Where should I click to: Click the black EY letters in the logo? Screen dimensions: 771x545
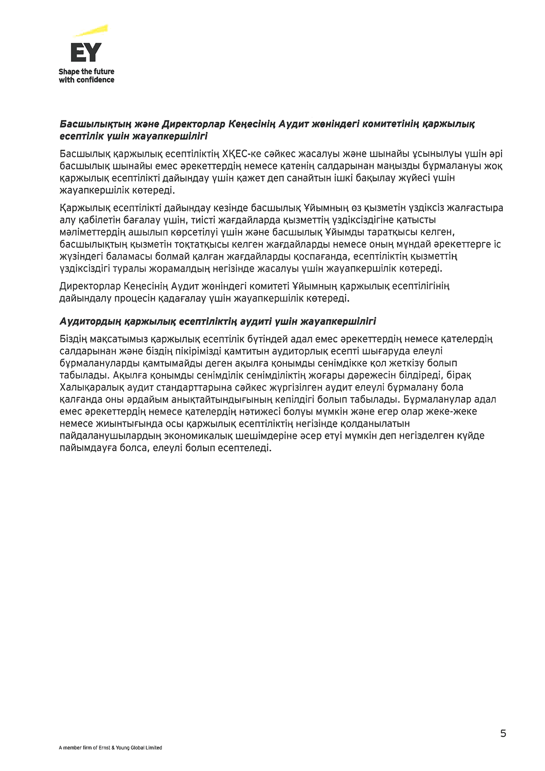click(86, 52)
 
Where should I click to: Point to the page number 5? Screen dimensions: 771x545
click(503, 733)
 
